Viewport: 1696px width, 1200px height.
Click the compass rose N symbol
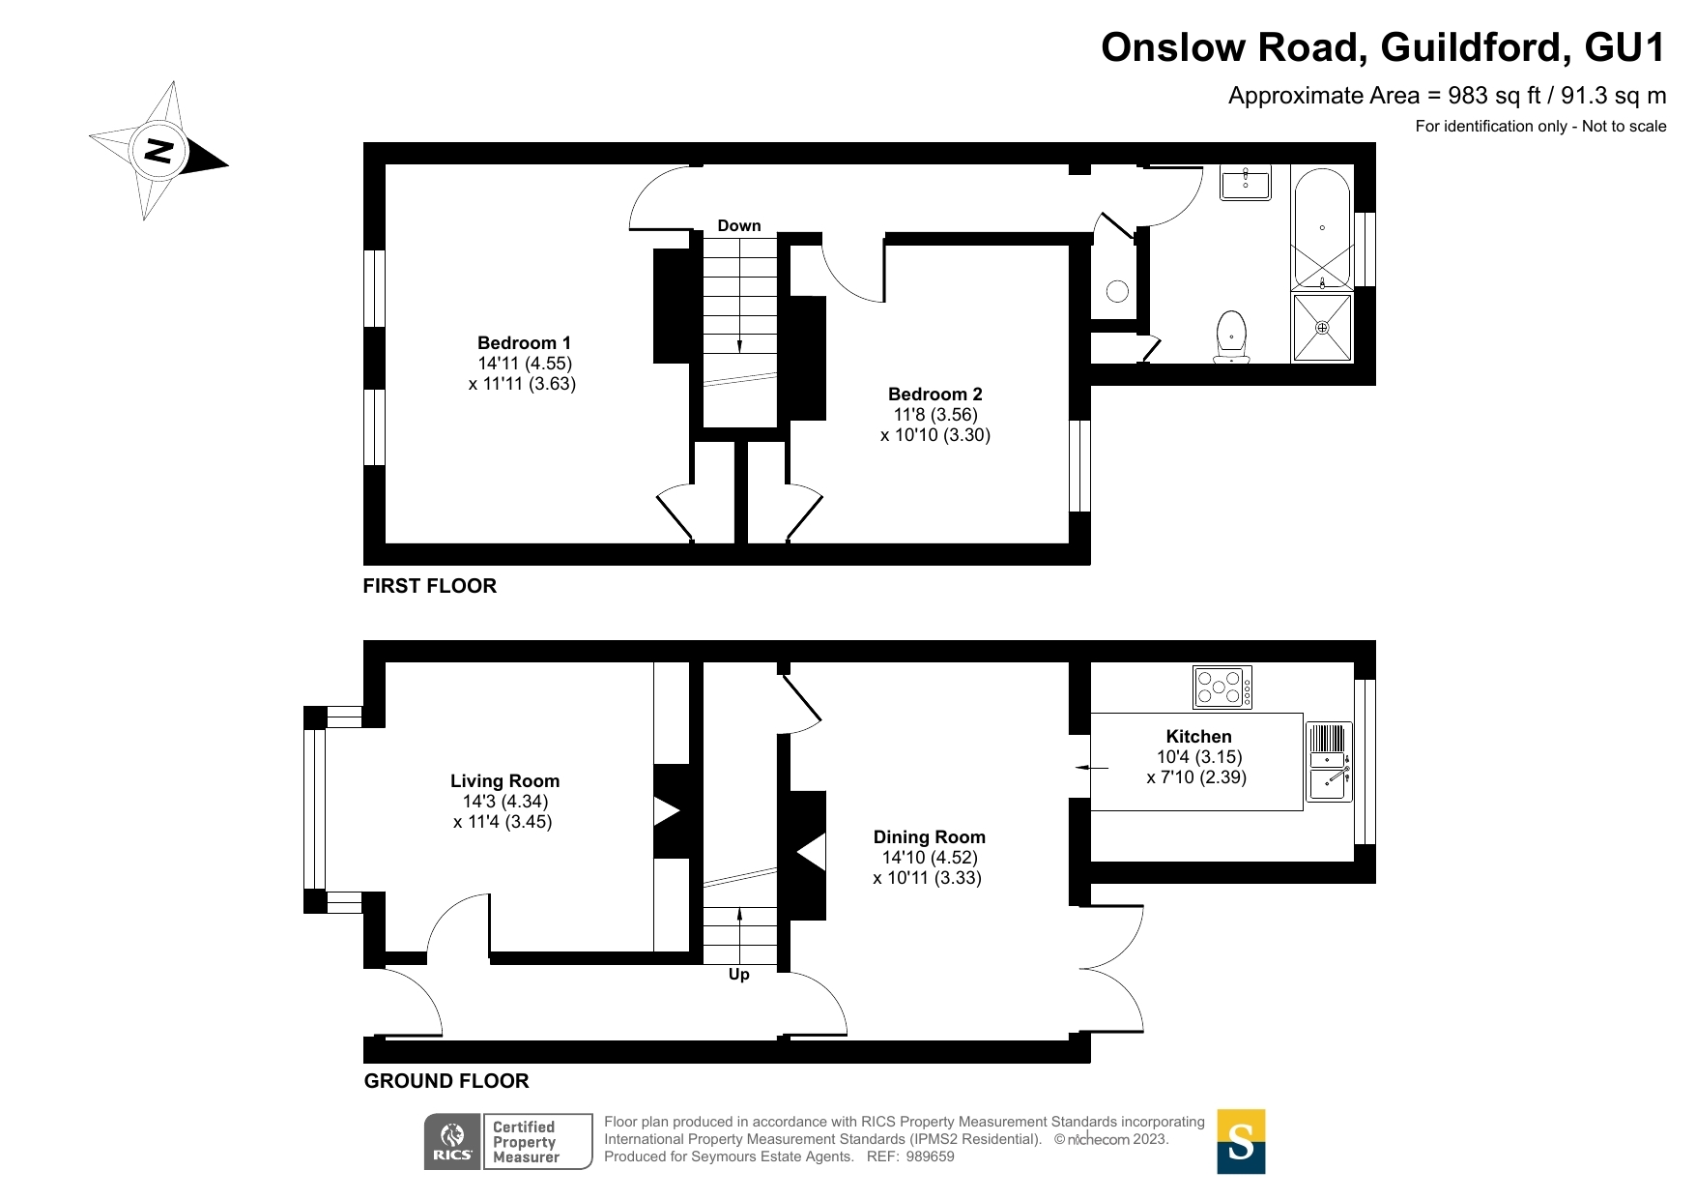pyautogui.click(x=158, y=151)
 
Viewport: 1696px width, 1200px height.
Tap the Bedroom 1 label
pyautogui.click(x=524, y=343)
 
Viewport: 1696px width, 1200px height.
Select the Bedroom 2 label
pyautogui.click(x=934, y=395)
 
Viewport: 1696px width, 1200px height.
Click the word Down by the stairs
pyautogui.click(x=739, y=226)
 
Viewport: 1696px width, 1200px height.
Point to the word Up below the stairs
pyautogui.click(x=739, y=975)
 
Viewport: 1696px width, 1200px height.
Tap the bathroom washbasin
pyautogui.click(x=1246, y=182)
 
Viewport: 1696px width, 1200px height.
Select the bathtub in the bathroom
pyautogui.click(x=1321, y=229)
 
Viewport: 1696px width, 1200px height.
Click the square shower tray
pyautogui.click(x=1322, y=328)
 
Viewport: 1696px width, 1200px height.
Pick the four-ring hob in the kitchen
pyautogui.click(x=1222, y=688)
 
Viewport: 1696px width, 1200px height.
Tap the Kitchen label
pyautogui.click(x=1198, y=737)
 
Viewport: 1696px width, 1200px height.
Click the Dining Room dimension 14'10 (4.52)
pyautogui.click(x=930, y=858)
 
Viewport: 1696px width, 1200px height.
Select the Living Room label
pyautogui.click(x=504, y=781)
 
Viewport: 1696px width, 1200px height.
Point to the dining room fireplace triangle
pyautogui.click(x=812, y=853)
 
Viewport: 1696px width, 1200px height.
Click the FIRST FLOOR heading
pyautogui.click(x=429, y=586)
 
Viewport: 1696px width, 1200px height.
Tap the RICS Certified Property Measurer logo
pyautogui.click(x=508, y=1142)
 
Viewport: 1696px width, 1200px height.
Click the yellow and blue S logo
pyautogui.click(x=1241, y=1142)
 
